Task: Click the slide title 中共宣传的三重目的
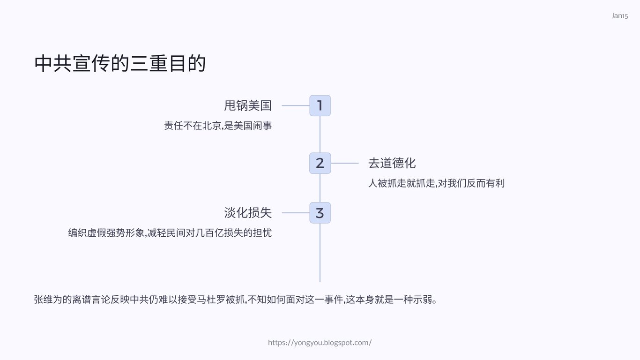(x=120, y=64)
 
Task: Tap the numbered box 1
(x=320, y=105)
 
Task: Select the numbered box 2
(x=320, y=163)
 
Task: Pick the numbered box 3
(x=320, y=213)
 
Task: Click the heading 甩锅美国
(x=248, y=105)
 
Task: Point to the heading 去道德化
(x=392, y=163)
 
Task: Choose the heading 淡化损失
(x=248, y=213)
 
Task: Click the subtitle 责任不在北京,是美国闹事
(x=218, y=126)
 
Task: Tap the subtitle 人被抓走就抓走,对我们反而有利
(x=436, y=183)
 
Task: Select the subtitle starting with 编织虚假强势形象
(x=170, y=232)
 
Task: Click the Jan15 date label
(x=619, y=16)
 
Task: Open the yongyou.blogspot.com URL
(x=320, y=343)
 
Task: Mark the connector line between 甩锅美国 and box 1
(x=296, y=105)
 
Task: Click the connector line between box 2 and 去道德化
(x=344, y=163)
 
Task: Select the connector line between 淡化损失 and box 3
(x=296, y=213)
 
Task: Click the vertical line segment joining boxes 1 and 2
(x=320, y=135)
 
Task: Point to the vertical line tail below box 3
(x=320, y=253)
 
